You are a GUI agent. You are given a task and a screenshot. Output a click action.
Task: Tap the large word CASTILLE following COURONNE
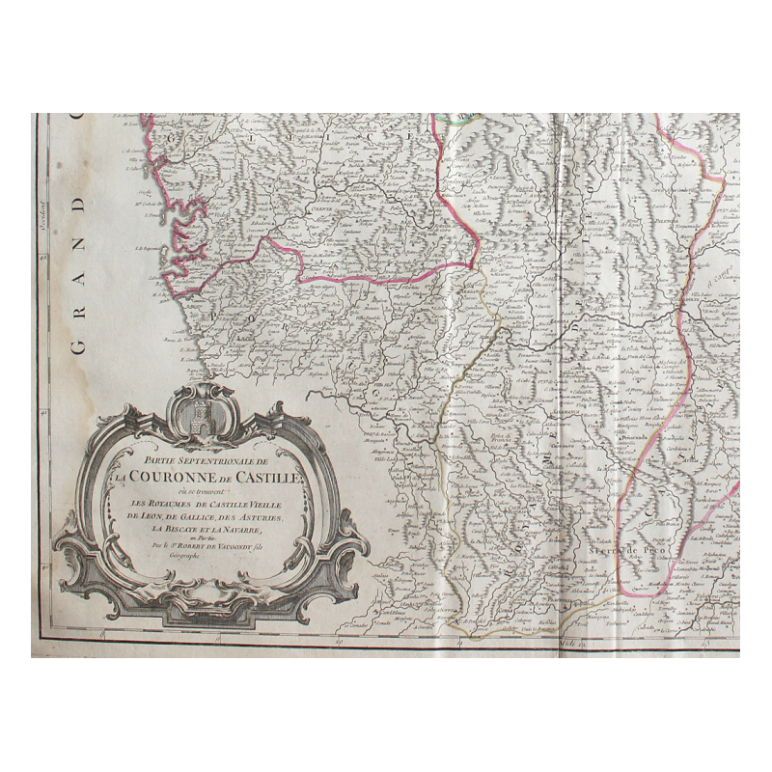point(271,473)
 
